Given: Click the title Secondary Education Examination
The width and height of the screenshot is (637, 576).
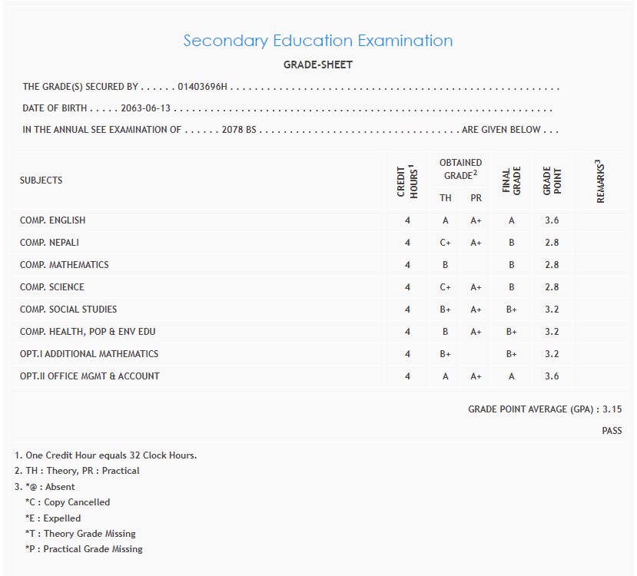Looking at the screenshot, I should tap(317, 41).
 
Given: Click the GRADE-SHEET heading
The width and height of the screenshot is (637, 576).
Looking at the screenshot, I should tap(317, 65).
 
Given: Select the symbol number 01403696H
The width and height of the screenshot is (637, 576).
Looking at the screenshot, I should tap(203, 88).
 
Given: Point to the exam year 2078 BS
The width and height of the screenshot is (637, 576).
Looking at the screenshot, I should tap(239, 130).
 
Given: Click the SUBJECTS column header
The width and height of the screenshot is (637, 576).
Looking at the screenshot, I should tap(41, 180).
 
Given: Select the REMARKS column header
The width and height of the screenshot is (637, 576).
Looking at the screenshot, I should tap(601, 181).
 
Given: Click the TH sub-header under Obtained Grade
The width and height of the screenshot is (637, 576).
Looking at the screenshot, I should tap(446, 198).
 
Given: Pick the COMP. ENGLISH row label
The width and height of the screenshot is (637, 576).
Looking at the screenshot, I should tap(53, 220).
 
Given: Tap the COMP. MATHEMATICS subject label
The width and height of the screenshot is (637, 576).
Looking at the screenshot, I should tap(65, 265).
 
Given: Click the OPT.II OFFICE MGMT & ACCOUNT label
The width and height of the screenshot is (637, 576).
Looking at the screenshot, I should tap(90, 376).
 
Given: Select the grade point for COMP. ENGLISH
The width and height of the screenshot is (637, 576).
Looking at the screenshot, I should tap(552, 220).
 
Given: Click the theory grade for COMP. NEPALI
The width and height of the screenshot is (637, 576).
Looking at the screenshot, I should tap(446, 243).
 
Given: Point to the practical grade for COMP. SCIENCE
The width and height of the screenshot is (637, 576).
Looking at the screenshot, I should tap(476, 287).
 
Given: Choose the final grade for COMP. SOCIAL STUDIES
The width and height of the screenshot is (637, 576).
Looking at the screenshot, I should tap(511, 310).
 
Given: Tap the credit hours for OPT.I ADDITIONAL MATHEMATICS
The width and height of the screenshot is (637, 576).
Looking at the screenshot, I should tap(407, 354).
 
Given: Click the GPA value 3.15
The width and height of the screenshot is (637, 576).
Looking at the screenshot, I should tap(612, 409).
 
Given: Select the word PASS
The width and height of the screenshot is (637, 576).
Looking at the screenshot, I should tap(612, 431).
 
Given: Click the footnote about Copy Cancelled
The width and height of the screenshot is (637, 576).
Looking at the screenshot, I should tap(68, 502).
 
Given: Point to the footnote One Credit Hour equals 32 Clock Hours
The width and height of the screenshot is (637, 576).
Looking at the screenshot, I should tap(106, 455).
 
